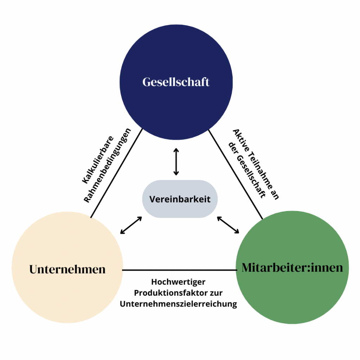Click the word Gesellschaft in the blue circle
(x=176, y=82)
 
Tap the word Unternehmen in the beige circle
(x=67, y=269)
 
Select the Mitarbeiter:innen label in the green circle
(x=292, y=268)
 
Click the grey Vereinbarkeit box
(x=180, y=199)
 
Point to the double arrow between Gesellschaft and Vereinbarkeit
(x=176, y=162)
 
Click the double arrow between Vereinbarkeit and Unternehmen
(x=131, y=225)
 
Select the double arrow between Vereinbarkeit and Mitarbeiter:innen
(x=228, y=225)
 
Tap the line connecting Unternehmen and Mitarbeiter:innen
(x=179, y=270)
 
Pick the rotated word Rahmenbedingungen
(x=108, y=166)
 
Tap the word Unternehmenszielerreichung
(x=178, y=304)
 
